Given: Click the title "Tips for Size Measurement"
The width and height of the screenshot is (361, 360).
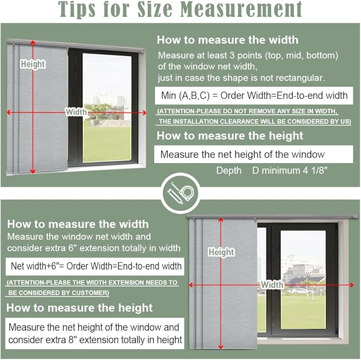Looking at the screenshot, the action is (180, 9).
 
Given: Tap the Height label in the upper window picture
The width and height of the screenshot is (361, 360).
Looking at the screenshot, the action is (32, 64).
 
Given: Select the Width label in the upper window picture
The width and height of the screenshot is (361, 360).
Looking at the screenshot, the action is (76, 112).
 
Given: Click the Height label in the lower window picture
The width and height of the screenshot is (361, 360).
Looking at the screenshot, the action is (221, 252).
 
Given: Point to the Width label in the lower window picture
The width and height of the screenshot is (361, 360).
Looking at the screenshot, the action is (272, 285).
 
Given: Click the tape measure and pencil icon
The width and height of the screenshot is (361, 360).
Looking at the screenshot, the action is (181, 193).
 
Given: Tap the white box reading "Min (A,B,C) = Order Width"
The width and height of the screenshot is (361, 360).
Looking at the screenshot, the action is (254, 96).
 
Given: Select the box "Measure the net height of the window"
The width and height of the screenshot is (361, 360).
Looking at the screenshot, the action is (254, 155).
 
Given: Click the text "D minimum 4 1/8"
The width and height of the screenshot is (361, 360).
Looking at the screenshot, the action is (290, 170).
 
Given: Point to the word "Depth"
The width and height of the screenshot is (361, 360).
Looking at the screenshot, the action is (229, 170).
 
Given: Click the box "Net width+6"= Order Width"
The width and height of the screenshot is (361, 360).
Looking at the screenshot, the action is (95, 267).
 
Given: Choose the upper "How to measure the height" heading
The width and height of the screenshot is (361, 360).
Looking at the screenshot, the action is (230, 135).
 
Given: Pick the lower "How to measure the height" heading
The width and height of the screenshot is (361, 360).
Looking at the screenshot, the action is (79, 308).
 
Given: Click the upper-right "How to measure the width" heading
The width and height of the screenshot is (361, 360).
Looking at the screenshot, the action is (228, 40).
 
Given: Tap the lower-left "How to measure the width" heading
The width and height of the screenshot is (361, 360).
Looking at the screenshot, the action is (78, 224).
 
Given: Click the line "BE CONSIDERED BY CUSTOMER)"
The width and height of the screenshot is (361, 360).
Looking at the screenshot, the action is (58, 293).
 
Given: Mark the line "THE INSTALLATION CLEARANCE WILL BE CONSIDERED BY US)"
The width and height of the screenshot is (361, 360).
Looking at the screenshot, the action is (255, 122).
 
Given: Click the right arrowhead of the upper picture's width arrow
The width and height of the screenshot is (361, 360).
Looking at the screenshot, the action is (144, 113).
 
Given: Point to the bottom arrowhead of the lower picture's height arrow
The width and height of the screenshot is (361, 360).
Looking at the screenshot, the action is (221, 347).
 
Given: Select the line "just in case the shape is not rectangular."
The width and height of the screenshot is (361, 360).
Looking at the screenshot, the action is (241, 78).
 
